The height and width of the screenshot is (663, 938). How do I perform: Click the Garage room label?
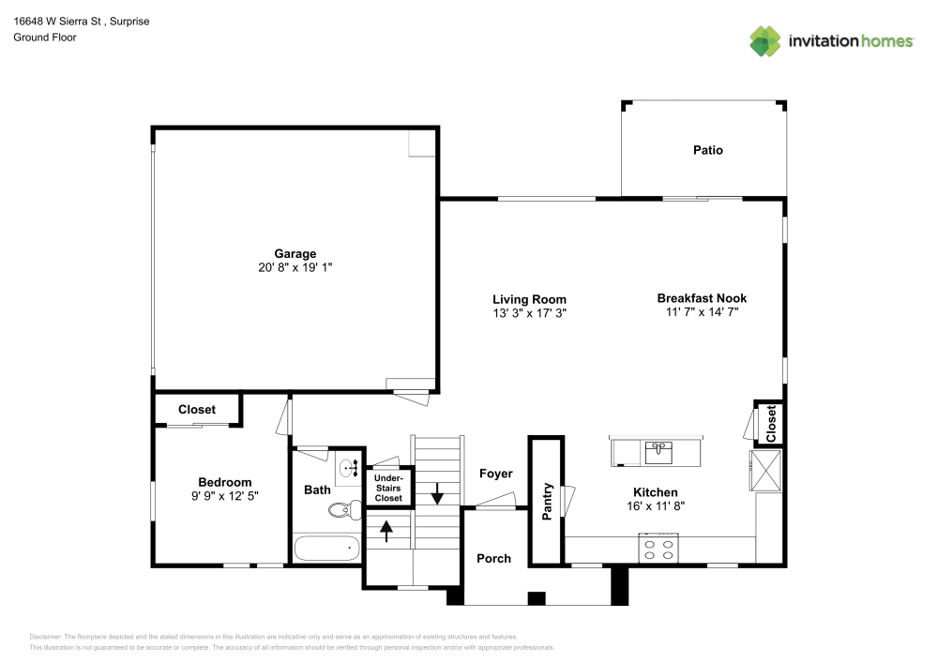[295, 253]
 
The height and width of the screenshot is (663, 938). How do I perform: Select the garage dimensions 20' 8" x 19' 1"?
[295, 267]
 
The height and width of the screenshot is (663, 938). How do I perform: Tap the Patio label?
[707, 150]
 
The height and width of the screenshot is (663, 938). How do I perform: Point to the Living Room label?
[529, 300]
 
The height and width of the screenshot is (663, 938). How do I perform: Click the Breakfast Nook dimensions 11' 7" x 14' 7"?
[702, 312]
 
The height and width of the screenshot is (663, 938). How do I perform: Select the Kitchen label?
[655, 492]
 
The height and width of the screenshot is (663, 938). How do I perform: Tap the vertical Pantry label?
[547, 502]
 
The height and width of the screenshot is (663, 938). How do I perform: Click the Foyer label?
[495, 474]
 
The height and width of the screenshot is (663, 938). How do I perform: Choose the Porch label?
[493, 558]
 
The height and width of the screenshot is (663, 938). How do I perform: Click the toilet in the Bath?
[344, 510]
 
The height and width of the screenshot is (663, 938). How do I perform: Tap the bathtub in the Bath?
[326, 548]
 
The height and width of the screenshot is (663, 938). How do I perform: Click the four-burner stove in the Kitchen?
[658, 549]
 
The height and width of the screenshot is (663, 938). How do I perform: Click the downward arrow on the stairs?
[437, 492]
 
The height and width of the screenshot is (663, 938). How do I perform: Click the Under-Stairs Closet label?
[388, 488]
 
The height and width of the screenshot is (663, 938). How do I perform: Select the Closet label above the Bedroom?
[196, 410]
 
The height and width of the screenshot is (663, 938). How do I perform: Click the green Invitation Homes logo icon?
[764, 40]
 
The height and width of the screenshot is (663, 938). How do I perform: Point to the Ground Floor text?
[45, 38]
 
